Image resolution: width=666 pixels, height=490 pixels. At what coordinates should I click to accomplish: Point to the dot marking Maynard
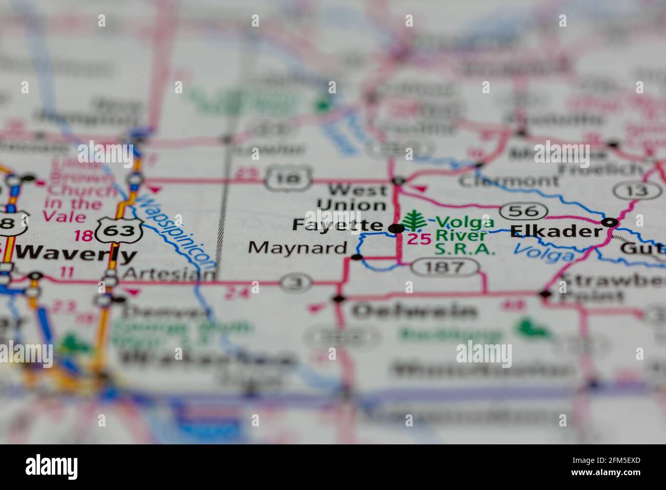tap(358, 257)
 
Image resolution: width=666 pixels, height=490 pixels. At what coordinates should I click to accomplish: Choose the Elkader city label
tap(556, 231)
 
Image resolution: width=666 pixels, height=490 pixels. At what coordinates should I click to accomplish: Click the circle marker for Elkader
tap(610, 222)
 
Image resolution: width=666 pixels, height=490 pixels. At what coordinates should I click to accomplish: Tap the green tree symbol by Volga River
tap(413, 221)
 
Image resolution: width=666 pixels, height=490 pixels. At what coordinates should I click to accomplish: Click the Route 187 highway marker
tap(445, 267)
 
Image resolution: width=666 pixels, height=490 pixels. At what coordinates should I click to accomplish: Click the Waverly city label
tap(76, 253)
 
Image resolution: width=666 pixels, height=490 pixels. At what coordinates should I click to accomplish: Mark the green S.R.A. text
tap(465, 250)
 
